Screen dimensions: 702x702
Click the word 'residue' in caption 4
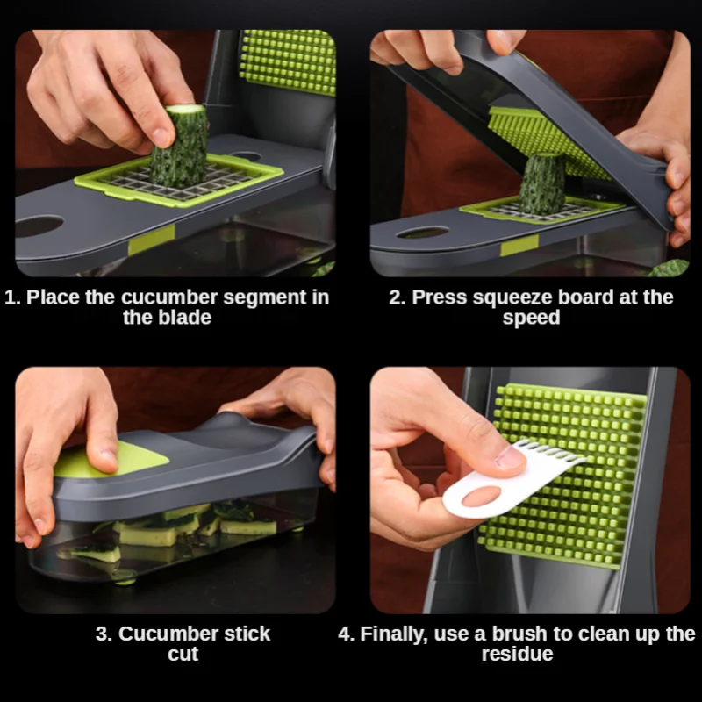[x=517, y=655]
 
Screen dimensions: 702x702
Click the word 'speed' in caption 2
[x=531, y=318]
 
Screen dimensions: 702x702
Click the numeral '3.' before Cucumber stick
[x=104, y=634]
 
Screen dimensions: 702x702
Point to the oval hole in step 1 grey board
[x=39, y=227]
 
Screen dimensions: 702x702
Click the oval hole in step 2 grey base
[x=422, y=233]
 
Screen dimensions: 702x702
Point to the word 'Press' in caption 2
[x=440, y=297]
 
